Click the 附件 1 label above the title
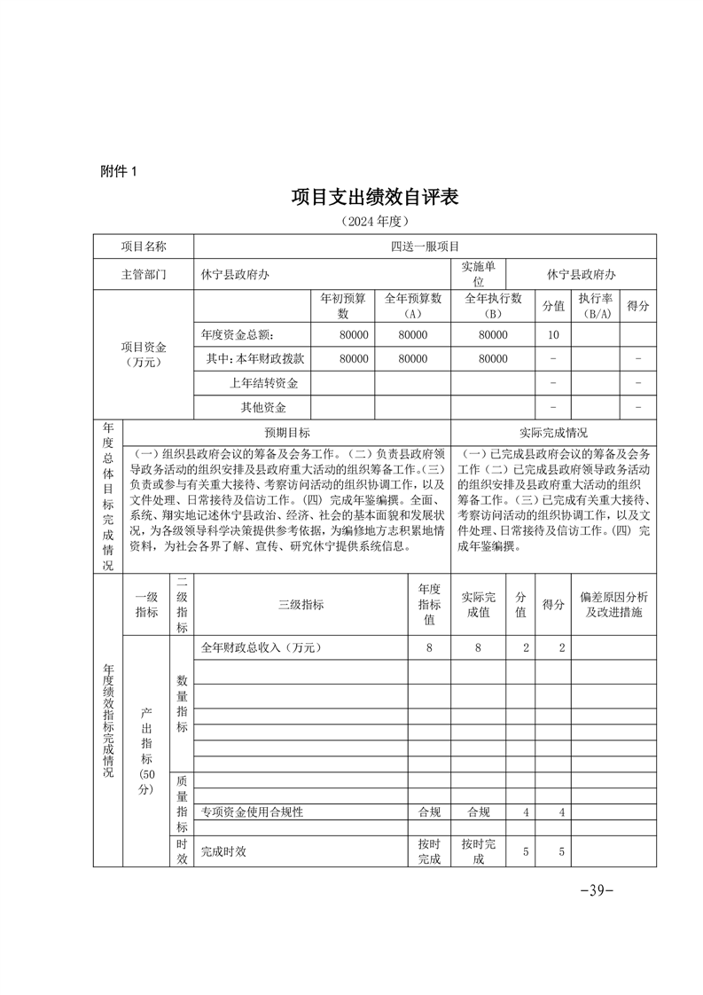point(120,171)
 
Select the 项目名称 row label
point(143,247)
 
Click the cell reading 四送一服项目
point(424,247)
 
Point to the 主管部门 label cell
point(143,274)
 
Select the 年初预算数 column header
point(342,306)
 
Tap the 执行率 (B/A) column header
point(595,306)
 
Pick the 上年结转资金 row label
point(263,383)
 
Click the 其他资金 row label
point(263,408)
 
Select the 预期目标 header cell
point(287,433)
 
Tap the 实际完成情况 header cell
point(553,433)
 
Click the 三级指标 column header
point(301,604)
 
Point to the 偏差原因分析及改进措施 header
point(613,604)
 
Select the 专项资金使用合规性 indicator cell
point(252,811)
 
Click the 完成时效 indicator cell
point(223,851)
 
